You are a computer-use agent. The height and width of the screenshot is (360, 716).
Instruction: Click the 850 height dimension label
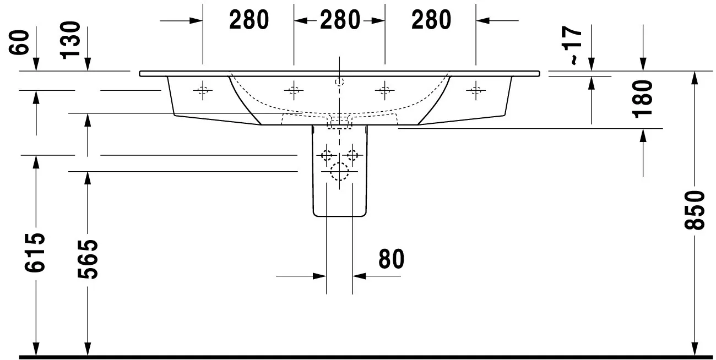click(x=695, y=210)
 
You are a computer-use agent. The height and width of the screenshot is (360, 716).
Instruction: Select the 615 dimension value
click(x=35, y=253)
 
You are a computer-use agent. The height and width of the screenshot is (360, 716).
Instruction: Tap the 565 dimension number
click(x=88, y=259)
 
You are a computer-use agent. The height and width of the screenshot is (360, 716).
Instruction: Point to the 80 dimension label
click(x=391, y=259)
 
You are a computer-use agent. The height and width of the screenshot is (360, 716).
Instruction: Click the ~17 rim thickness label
click(x=572, y=46)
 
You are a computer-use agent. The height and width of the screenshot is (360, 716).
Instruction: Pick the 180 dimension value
click(x=643, y=99)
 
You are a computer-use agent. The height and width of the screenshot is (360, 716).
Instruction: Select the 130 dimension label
click(x=70, y=40)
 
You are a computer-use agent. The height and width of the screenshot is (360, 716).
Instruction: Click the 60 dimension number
click(x=19, y=42)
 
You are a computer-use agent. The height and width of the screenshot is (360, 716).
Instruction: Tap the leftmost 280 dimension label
click(x=249, y=20)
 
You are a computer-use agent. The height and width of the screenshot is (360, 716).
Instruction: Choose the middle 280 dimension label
click(x=340, y=20)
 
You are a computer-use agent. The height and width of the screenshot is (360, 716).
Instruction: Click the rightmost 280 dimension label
click(x=431, y=20)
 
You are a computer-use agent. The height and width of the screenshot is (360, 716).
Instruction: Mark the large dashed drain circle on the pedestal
click(x=339, y=172)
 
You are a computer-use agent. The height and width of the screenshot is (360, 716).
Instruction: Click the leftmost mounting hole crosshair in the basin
click(x=203, y=91)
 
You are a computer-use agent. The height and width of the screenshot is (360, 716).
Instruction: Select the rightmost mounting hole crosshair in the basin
click(x=476, y=91)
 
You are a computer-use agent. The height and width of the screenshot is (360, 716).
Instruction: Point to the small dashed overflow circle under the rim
click(x=339, y=82)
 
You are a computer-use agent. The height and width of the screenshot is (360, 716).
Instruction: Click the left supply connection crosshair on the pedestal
click(x=327, y=156)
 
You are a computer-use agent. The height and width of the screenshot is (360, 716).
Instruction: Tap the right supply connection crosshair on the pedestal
click(x=352, y=156)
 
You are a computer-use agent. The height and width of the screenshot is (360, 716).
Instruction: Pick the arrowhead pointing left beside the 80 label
click(x=359, y=276)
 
